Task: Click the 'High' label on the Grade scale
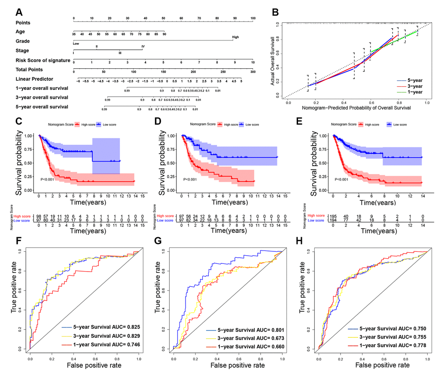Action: (235, 37)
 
